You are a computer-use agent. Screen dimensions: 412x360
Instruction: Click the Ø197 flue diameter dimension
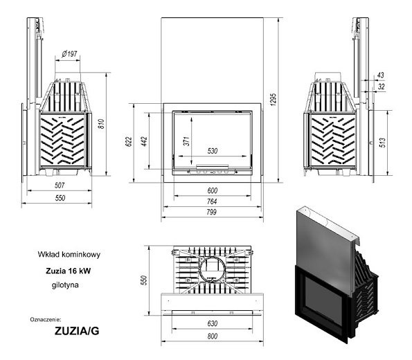[69, 54]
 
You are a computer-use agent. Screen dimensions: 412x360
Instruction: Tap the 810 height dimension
[101, 124]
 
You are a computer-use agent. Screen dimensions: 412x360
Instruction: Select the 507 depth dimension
[60, 186]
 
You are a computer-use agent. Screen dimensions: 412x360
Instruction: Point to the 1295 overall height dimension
[273, 99]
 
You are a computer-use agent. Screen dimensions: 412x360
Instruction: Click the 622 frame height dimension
[129, 142]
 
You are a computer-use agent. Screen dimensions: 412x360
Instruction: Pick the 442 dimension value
[144, 141]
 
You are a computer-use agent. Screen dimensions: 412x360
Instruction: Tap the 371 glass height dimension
[186, 141]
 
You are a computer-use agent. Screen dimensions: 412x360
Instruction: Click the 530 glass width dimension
[213, 151]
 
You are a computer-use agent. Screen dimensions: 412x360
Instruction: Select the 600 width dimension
[213, 190]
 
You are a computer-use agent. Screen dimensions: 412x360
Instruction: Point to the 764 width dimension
[212, 201]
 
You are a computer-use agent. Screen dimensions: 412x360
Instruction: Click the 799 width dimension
[211, 212]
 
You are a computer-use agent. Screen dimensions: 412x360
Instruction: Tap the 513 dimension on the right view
[382, 143]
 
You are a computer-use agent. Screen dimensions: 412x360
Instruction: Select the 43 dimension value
[380, 75]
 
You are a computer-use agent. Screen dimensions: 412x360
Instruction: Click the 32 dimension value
[381, 87]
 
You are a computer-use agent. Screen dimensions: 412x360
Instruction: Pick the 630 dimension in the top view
[213, 323]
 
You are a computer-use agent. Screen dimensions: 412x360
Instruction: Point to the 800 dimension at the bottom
[213, 336]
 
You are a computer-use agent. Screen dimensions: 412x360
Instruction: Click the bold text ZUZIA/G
[77, 331]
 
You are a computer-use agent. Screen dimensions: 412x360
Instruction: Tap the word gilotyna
[65, 285]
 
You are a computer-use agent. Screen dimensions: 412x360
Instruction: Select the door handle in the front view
[213, 167]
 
